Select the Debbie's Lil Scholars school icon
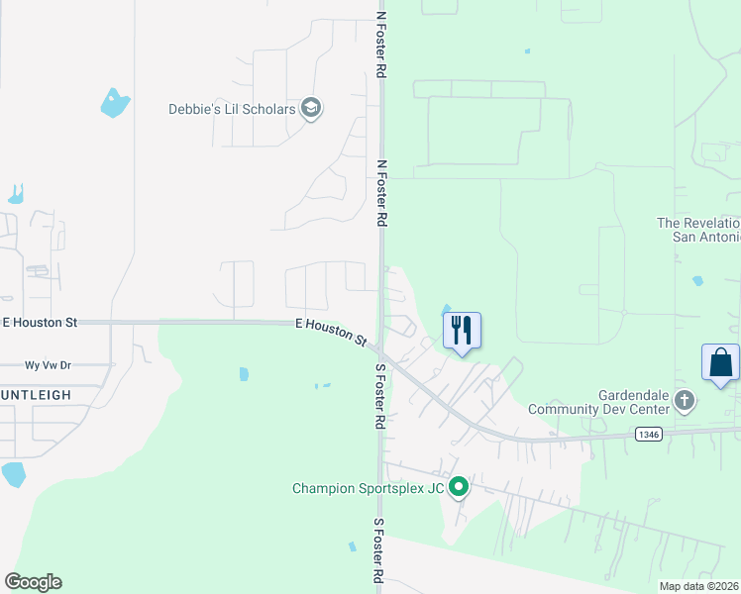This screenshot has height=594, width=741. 311,108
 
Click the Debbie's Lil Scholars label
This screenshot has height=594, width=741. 233,109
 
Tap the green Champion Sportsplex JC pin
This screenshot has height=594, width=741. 458,487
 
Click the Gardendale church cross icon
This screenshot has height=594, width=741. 684,400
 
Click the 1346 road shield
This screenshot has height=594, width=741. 647,436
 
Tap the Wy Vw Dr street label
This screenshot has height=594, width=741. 48,365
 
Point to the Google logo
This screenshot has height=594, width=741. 33,582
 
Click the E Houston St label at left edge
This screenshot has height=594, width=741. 40,323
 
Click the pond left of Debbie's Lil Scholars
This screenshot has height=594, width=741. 115,102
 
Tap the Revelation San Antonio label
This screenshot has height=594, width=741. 698,230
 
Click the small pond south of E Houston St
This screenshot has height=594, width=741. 244,374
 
